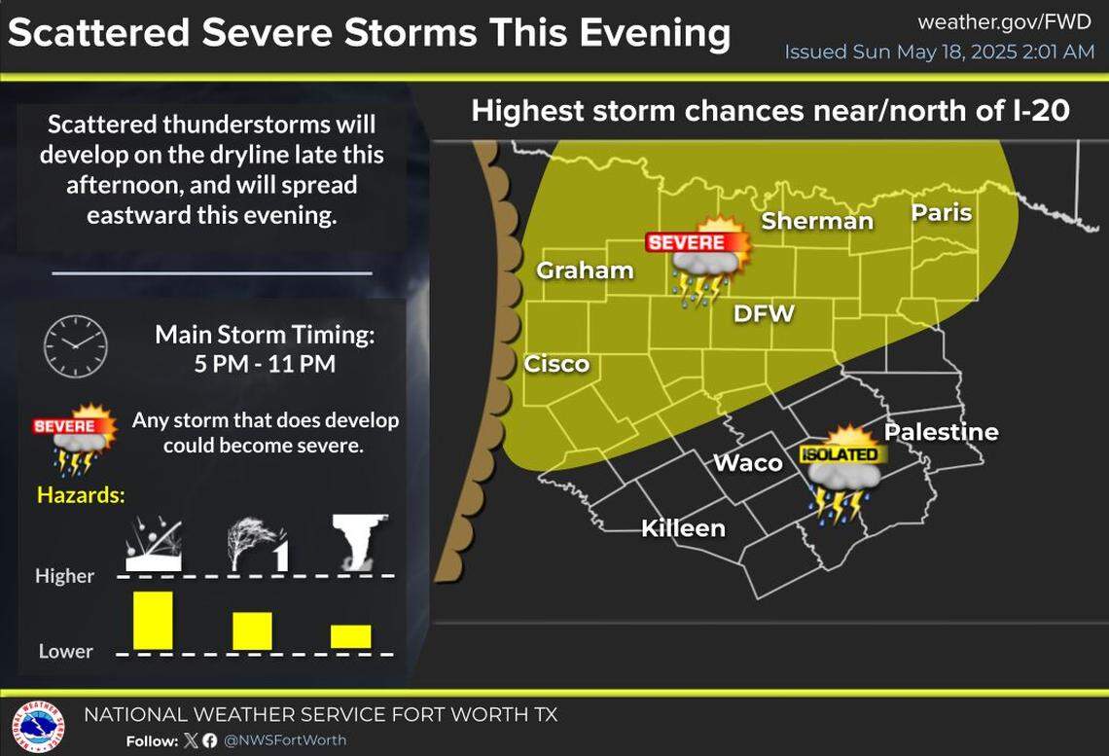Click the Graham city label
(x=586, y=270)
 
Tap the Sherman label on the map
(x=817, y=221)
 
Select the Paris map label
(x=942, y=211)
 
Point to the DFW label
(x=765, y=313)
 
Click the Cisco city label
(x=556, y=364)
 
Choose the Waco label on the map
(x=748, y=462)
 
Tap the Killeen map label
(x=683, y=528)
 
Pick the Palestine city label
(x=941, y=431)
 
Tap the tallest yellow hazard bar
(x=153, y=620)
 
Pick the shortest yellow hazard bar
(x=350, y=636)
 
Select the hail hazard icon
(x=153, y=543)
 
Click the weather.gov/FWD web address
(x=1005, y=21)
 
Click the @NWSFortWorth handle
(x=285, y=740)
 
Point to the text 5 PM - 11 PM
(x=265, y=364)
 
